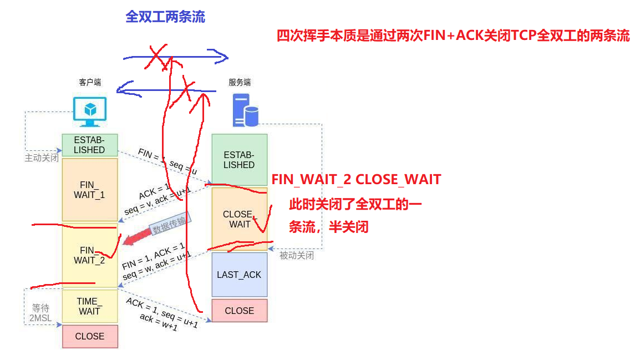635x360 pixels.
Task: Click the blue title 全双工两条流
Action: coord(165,17)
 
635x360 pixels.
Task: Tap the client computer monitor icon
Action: coord(90,112)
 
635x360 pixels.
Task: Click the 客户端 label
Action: coord(90,83)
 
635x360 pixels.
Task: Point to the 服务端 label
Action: coord(240,83)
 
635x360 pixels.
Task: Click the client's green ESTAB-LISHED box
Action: coord(89,145)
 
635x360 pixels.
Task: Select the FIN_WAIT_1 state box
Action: coord(89,190)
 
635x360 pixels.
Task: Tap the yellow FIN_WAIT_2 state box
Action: coord(89,255)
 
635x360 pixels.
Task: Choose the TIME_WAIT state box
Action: coord(89,306)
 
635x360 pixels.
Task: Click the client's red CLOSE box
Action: coord(89,336)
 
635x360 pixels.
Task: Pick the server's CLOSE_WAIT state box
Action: coord(239,219)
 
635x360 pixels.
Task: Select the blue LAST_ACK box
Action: coord(239,275)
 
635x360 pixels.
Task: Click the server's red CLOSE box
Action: coord(239,311)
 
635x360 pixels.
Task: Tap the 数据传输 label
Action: coord(170,224)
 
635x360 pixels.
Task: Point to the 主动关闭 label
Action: coord(42,158)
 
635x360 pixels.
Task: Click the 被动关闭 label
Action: coord(297,256)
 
